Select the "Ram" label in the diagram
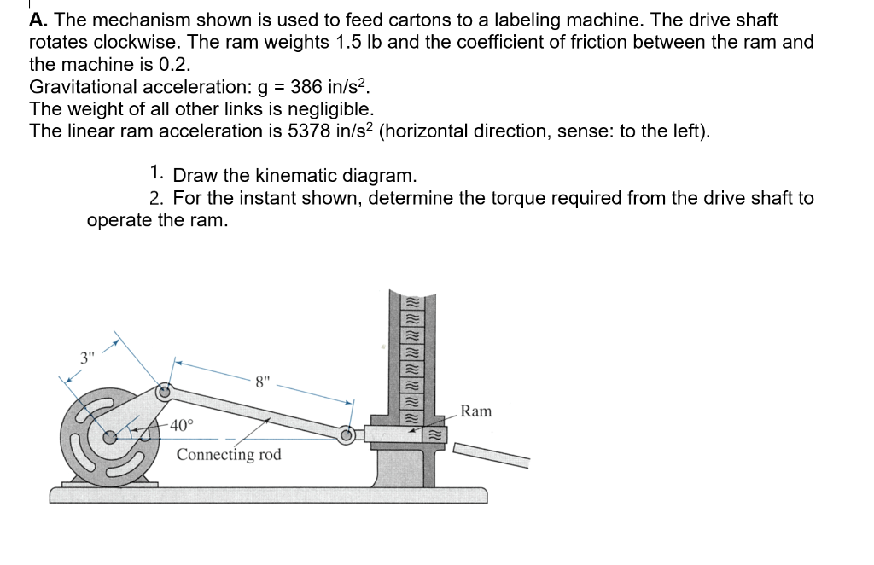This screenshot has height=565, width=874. click(x=475, y=411)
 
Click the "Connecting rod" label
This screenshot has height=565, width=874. click(x=228, y=454)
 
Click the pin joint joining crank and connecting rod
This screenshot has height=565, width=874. click(x=166, y=392)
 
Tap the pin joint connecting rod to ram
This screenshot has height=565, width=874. click(x=347, y=434)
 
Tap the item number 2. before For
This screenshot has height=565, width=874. click(x=156, y=198)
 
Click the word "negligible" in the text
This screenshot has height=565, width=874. click(x=332, y=108)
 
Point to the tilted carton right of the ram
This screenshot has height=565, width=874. click(x=491, y=455)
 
